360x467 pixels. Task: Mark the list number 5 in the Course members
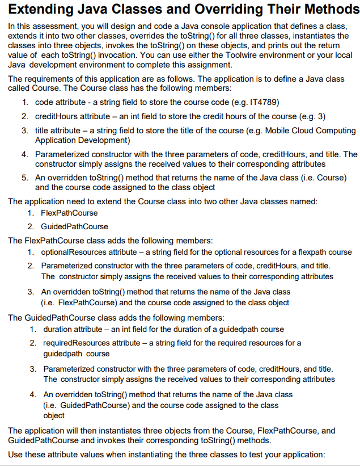coord(26,178)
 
